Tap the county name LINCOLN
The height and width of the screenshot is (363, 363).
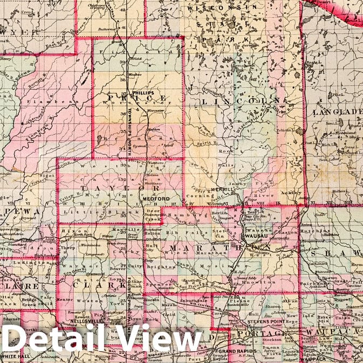point(241,101)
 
